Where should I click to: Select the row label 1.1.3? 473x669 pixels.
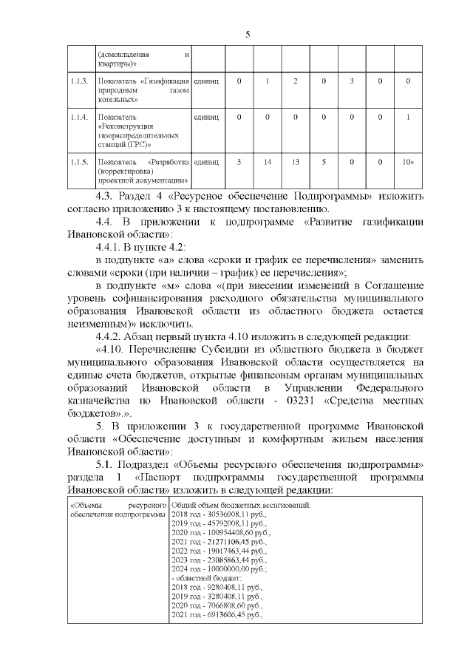(78, 80)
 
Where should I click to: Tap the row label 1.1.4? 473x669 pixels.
(78, 117)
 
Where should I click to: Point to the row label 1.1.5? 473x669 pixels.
(78, 161)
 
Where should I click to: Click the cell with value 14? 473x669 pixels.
(267, 161)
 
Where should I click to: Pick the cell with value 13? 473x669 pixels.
(295, 161)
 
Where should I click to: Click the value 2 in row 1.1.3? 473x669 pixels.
(295, 80)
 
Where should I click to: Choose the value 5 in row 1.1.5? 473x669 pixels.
(324, 161)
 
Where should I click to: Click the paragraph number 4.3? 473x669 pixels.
(107, 197)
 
